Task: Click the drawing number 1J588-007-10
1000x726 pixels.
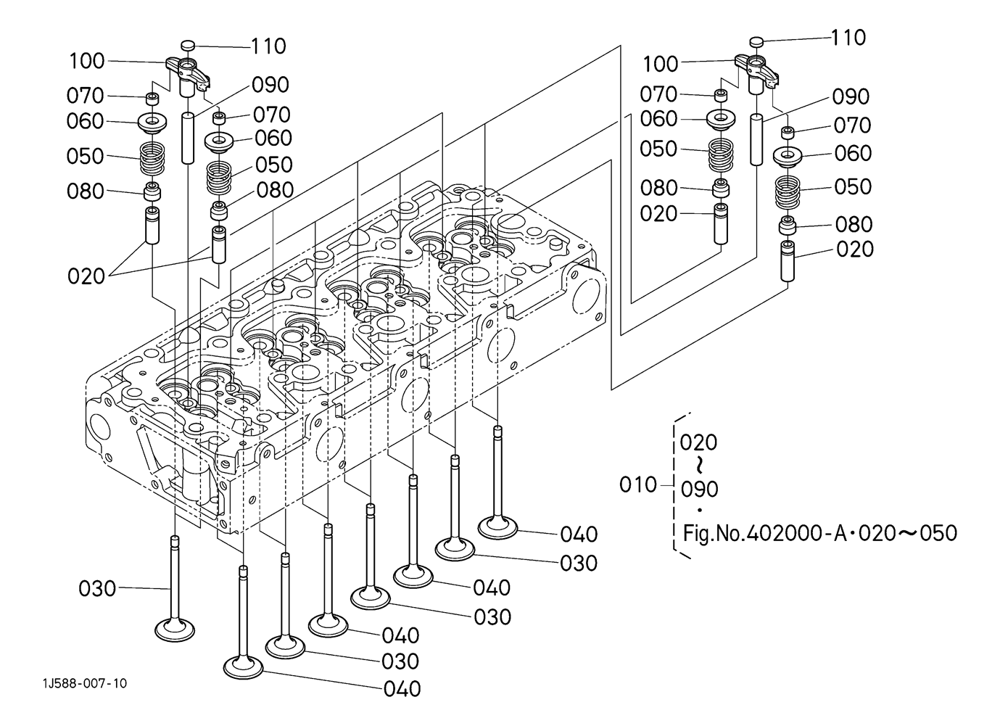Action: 85,684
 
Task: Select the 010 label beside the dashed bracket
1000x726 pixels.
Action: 638,485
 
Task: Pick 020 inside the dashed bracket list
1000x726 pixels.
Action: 698,442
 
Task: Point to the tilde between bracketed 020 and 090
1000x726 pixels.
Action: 699,466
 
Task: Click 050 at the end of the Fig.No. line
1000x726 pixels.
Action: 938,533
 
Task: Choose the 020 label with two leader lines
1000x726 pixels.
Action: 86,276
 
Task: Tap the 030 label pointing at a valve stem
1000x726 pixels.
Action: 97,588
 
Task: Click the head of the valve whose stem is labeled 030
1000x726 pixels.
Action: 175,630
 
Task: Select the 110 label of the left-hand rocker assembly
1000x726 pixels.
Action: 268,46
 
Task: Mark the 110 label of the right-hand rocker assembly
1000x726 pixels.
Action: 848,38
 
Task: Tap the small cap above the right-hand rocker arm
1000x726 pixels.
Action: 756,41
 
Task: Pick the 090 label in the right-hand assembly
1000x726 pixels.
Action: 851,97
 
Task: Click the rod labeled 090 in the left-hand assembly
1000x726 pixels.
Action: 188,139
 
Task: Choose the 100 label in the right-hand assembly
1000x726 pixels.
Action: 661,65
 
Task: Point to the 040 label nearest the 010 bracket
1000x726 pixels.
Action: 579,535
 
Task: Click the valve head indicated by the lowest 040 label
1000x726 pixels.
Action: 244,667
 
